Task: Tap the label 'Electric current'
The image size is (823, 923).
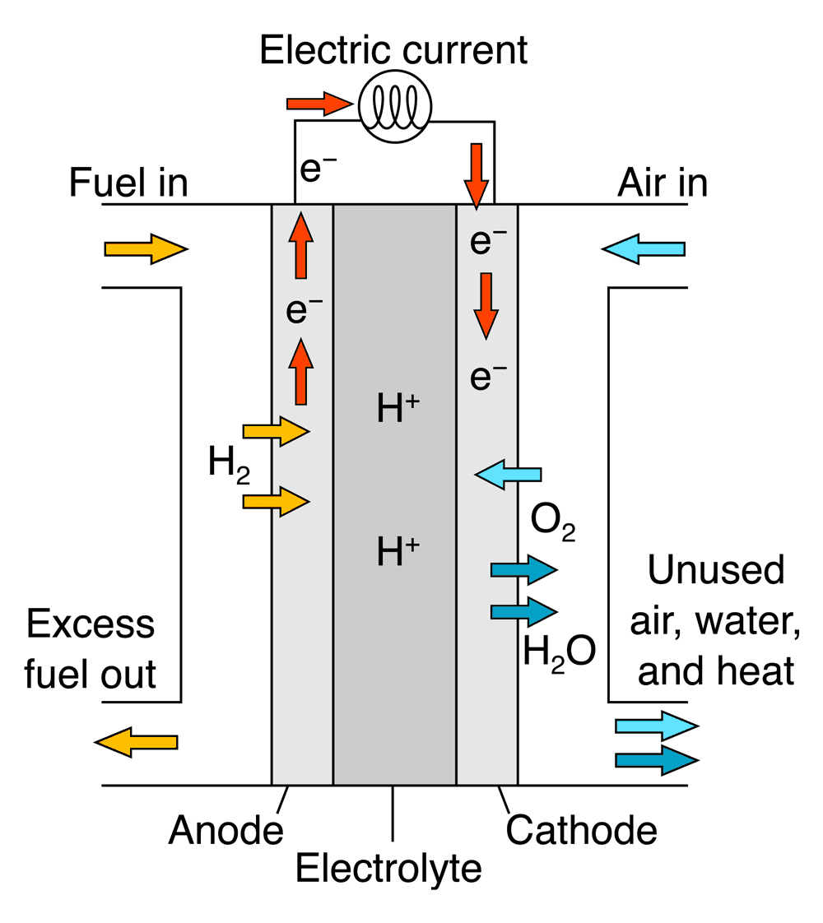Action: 393,51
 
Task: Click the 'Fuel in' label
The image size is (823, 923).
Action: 129,183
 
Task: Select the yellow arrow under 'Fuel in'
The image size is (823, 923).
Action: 146,248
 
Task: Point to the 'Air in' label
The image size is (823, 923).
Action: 662,183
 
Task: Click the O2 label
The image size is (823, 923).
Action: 552,520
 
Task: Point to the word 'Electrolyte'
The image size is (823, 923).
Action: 388,869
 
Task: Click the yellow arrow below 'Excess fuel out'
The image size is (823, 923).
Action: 137,743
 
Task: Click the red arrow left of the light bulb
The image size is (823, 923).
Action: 319,104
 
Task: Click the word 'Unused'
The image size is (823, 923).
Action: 715,570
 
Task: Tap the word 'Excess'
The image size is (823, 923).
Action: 91,624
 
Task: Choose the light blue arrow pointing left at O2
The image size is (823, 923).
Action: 509,474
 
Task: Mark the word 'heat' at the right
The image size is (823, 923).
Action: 754,672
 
